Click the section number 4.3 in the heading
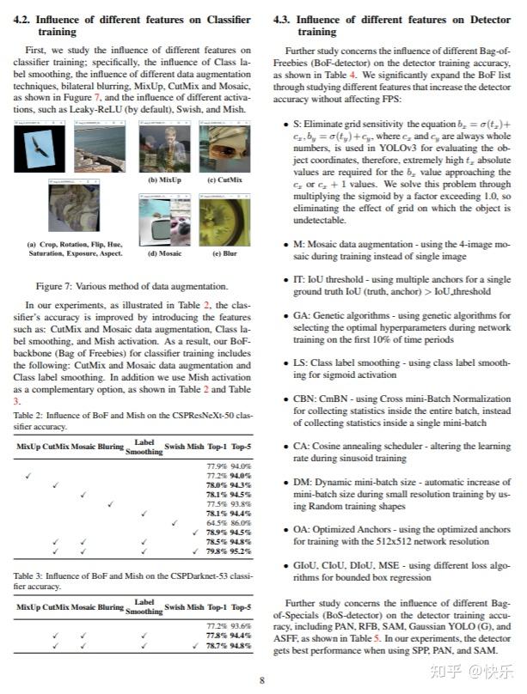coord(284,18)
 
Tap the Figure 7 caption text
coord(132,286)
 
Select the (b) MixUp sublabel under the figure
coord(164,180)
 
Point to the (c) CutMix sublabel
coord(224,180)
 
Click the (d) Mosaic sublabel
coord(164,253)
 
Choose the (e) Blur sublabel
coord(224,253)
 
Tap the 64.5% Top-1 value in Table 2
coord(217,522)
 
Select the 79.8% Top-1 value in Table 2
coord(217,551)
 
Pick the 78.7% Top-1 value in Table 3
coord(217,644)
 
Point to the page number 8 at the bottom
coord(262,680)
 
